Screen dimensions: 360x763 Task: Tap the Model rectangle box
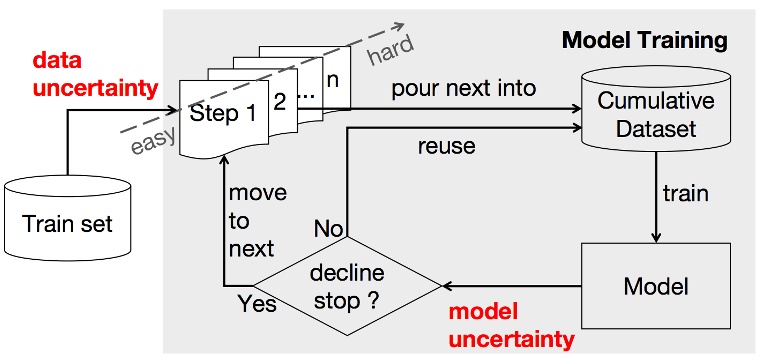[x=655, y=287]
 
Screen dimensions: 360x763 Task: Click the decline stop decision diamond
[x=347, y=286]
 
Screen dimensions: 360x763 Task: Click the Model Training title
[x=644, y=41]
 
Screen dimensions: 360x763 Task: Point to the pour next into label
[x=464, y=88]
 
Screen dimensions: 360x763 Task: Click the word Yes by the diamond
[x=256, y=303]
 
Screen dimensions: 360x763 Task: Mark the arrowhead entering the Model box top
[x=655, y=238]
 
